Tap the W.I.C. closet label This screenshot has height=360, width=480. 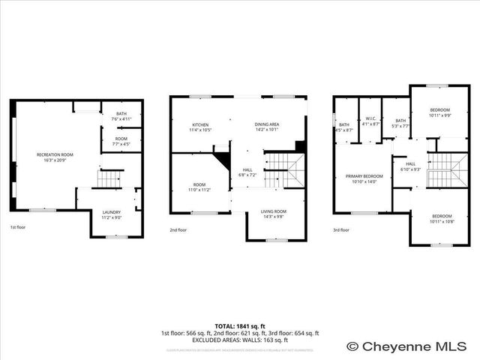pos(370,121)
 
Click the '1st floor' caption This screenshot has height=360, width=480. pos(18,227)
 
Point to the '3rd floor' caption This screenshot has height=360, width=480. pos(341,229)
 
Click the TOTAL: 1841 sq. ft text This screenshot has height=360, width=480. pos(240,326)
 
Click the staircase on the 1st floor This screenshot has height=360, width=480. pos(110,179)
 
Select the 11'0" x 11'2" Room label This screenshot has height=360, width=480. pos(199,187)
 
